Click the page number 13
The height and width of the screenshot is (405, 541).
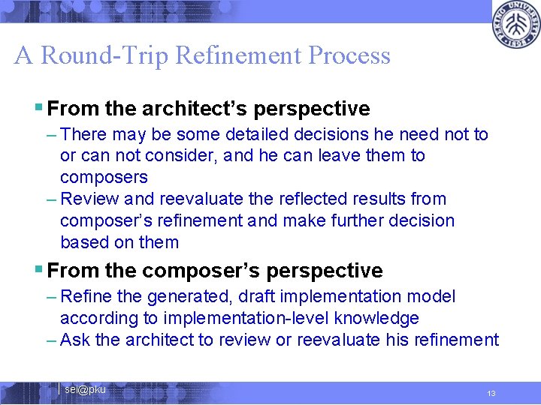click(491, 394)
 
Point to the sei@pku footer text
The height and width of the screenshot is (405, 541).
click(85, 389)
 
